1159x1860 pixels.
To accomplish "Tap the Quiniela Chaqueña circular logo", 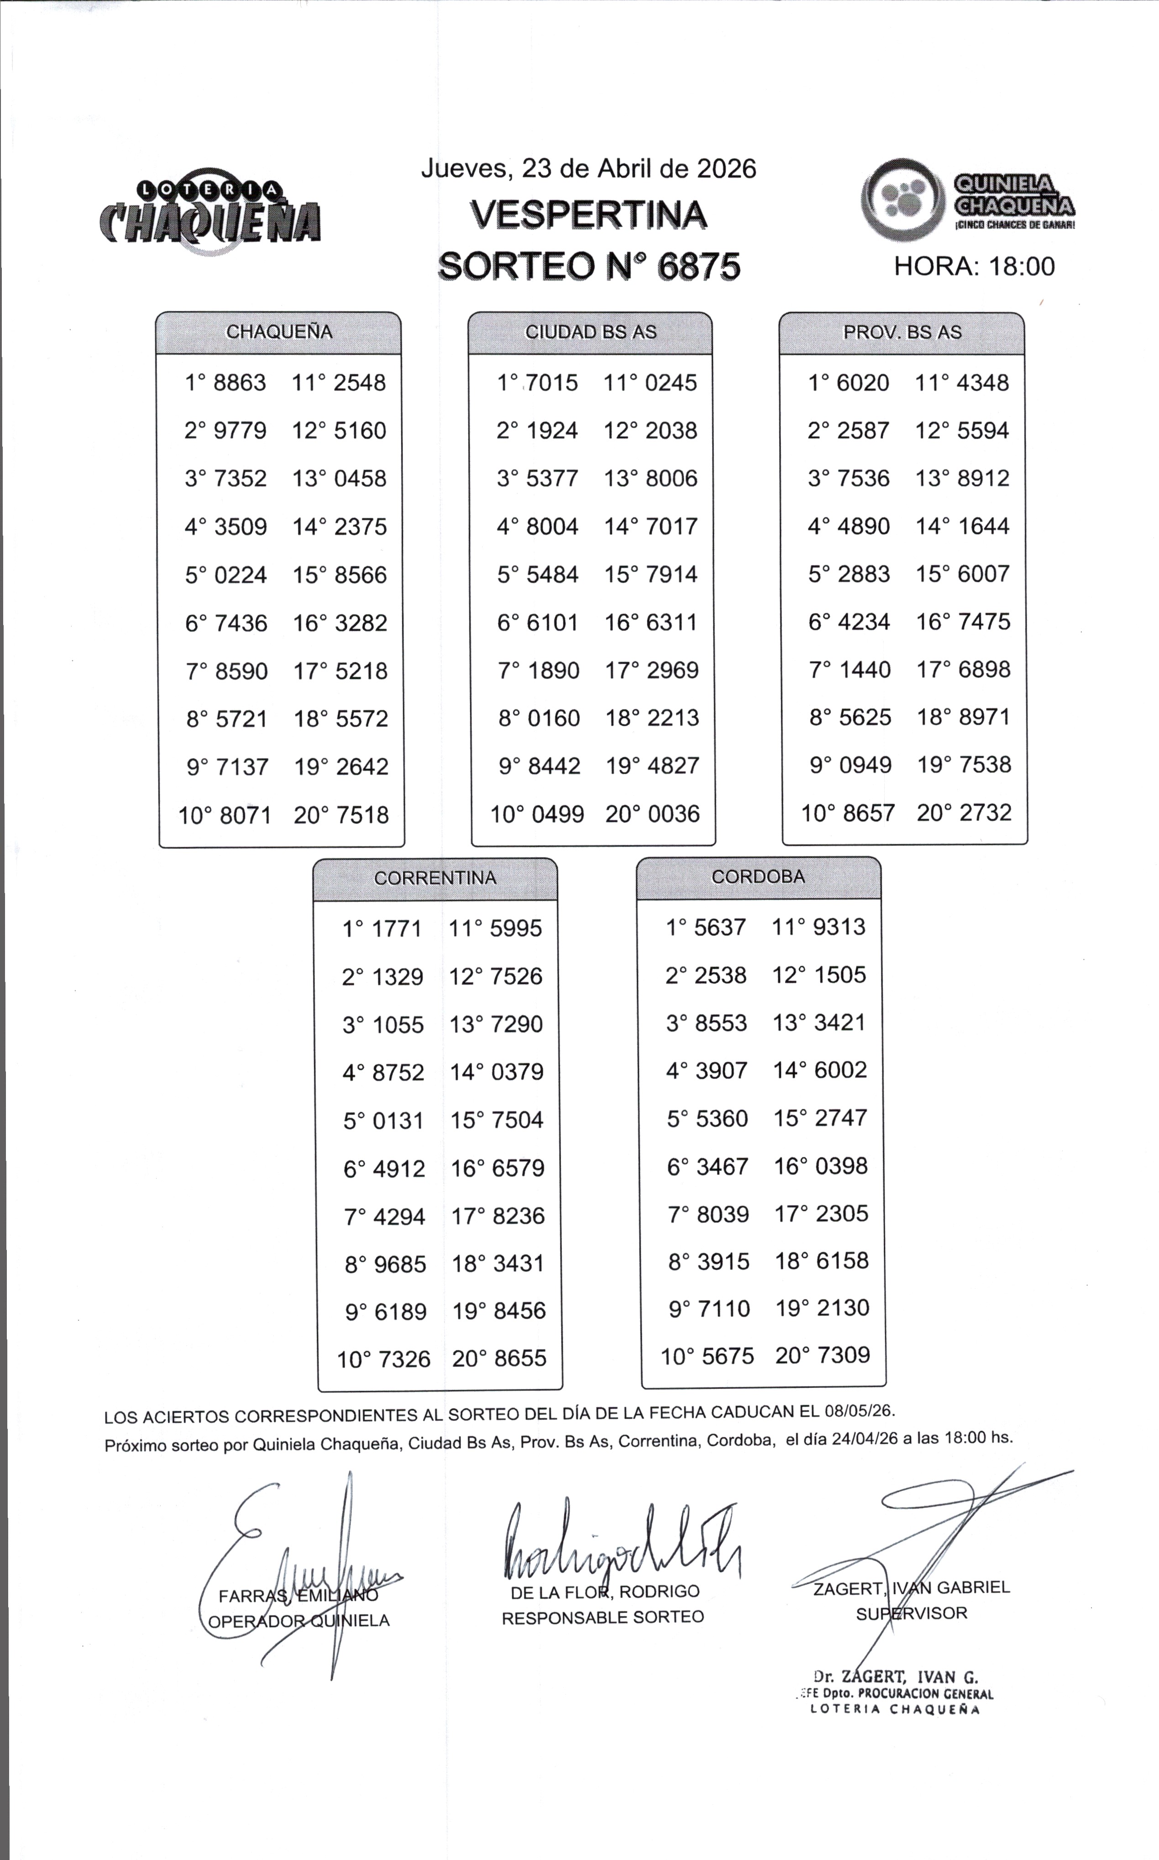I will (902, 200).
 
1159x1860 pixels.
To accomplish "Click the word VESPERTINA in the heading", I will (588, 215).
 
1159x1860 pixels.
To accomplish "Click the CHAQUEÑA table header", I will (279, 332).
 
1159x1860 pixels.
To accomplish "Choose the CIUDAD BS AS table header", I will (590, 332).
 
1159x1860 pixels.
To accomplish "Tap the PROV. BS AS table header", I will (902, 332).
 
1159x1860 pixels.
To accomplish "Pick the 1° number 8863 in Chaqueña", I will (240, 382).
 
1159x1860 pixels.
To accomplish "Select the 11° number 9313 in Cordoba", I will (839, 927).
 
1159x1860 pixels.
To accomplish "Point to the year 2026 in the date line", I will (725, 168).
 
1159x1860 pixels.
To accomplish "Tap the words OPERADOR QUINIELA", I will (299, 1621).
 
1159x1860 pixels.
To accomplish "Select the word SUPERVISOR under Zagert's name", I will (912, 1613).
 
